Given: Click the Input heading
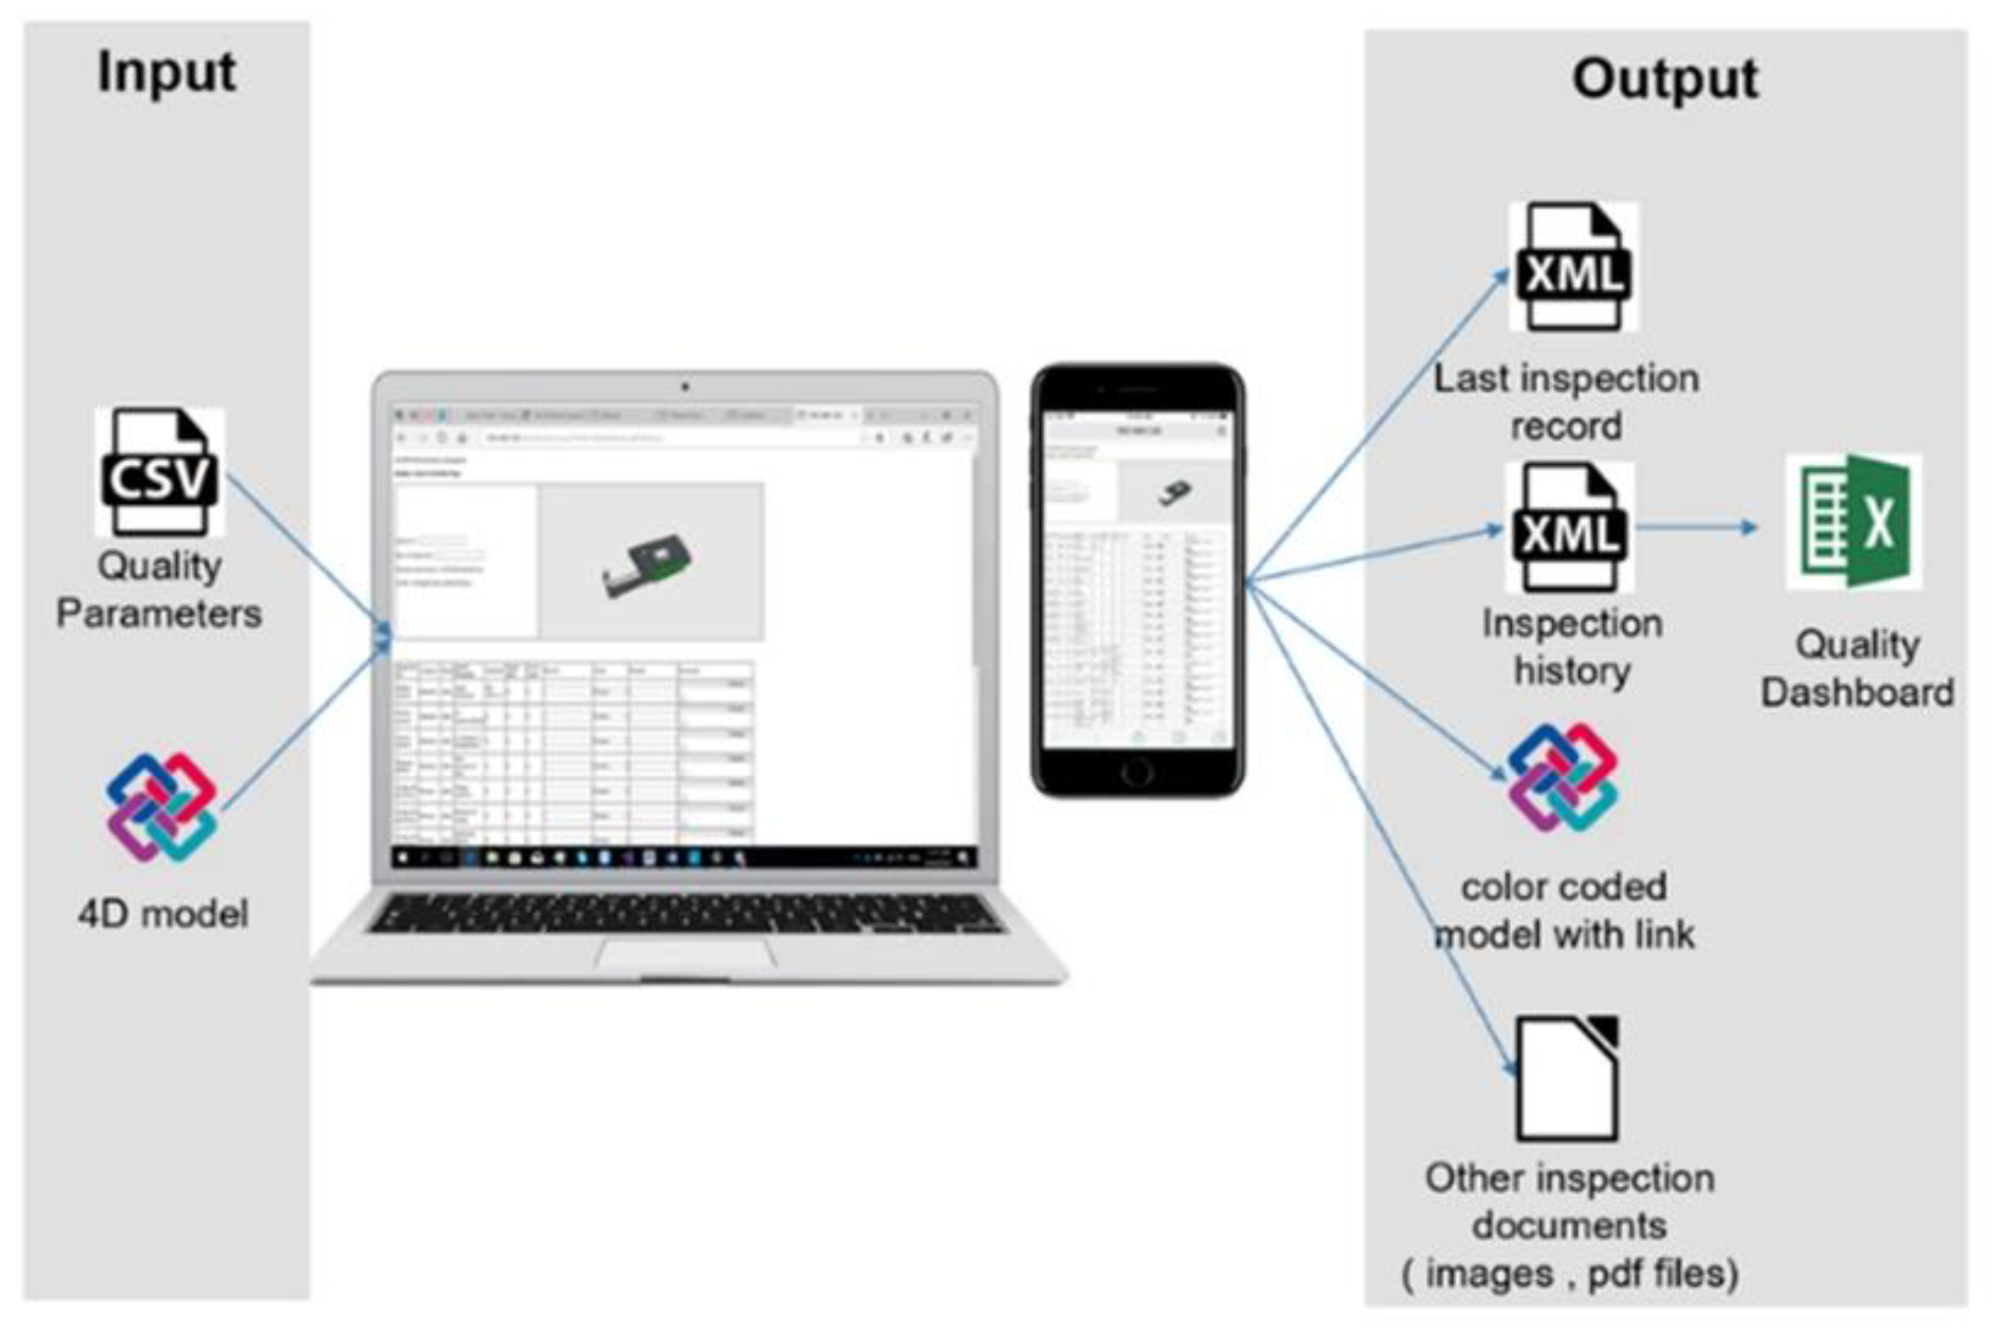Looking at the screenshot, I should tap(166, 72).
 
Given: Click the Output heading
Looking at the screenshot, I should tap(1665, 79).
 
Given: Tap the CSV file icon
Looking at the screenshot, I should tap(160, 471).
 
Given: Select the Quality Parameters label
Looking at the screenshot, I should tap(159, 590).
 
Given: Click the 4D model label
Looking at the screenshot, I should tap(163, 913).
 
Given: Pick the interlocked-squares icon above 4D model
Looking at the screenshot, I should tap(161, 807).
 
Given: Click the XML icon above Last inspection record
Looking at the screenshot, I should tap(1574, 266).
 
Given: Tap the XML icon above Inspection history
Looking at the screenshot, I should tap(1570, 527).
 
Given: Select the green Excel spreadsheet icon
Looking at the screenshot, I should tap(1853, 522).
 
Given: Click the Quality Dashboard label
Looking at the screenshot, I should tap(1857, 669).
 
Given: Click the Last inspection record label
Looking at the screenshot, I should tap(1567, 402).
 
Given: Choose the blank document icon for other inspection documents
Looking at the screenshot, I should tap(1567, 1079).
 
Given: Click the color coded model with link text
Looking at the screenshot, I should tap(1565, 911).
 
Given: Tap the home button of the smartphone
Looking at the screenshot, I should tap(1136, 770).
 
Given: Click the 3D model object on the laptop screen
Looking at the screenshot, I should tap(647, 565).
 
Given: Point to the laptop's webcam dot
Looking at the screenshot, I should tap(685, 387).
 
